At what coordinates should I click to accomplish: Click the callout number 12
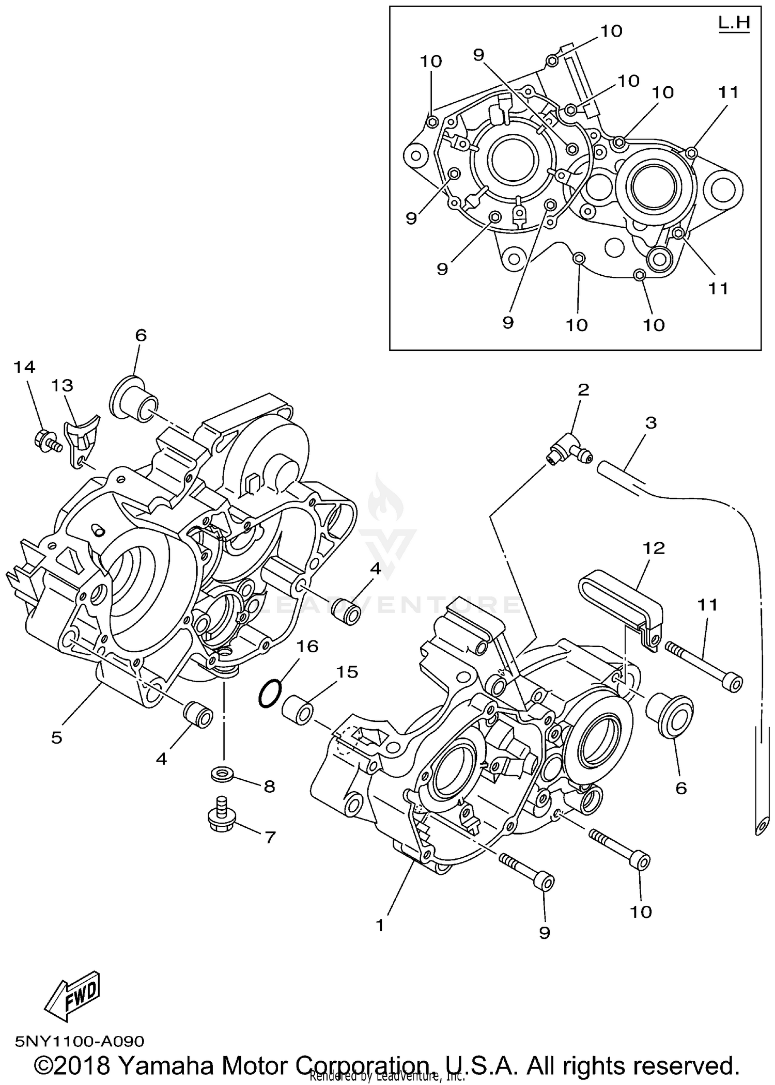pos(654,548)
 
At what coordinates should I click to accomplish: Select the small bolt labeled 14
pos(46,441)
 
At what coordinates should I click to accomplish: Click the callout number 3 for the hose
pos(651,423)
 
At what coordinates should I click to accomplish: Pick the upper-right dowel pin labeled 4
pos(347,612)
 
